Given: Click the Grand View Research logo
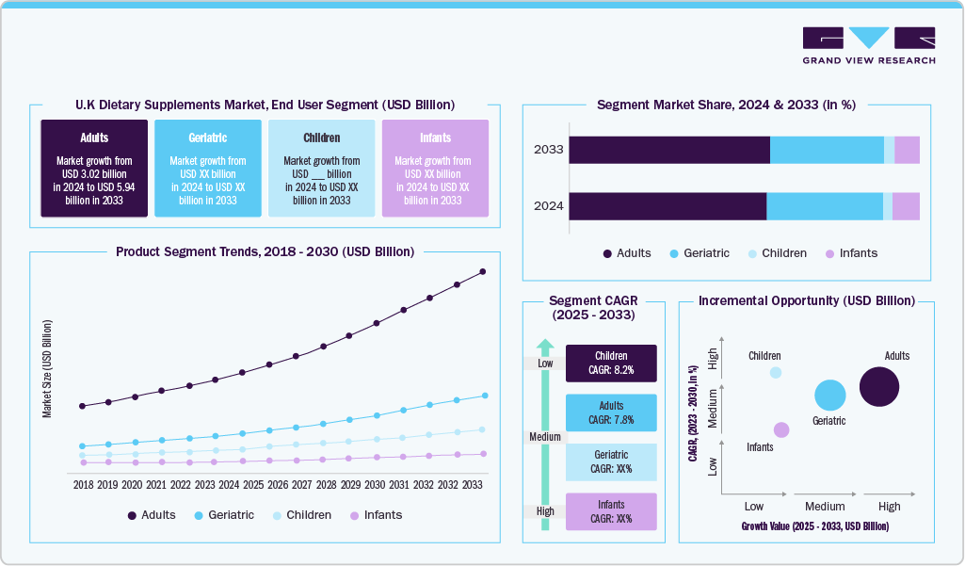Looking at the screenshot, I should point(868,45).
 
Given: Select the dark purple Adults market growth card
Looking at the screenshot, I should point(94,169).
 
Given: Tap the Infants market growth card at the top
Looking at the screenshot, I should point(434,169).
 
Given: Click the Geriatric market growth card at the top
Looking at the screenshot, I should point(208,169).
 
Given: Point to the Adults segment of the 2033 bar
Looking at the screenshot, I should point(669,150).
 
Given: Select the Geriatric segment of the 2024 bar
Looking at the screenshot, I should point(825,206).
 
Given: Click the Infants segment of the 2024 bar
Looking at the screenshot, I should point(906,206).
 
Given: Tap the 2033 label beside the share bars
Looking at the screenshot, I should point(548,150).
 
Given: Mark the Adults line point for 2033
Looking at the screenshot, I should point(483,271).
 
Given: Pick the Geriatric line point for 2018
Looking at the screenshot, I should point(83,446).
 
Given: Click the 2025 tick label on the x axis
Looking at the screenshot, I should point(253,484).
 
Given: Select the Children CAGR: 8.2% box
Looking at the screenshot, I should point(611,364).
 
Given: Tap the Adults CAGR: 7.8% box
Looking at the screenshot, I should point(611,412).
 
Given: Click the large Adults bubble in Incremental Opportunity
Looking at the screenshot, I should point(879,387).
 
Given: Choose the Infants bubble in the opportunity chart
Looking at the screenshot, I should point(781,429).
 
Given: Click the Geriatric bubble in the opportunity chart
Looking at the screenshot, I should point(829,396).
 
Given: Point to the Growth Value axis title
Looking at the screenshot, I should point(814,526).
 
